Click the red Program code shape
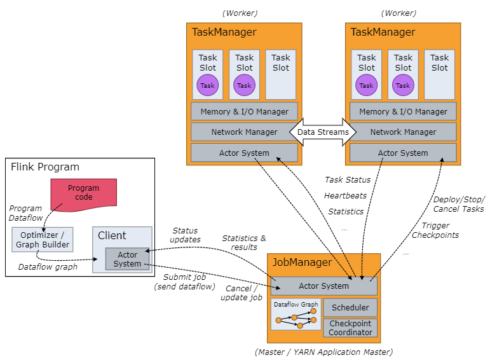(x=83, y=192)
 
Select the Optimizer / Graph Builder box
(x=43, y=239)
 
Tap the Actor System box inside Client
(x=127, y=259)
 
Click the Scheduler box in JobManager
(x=350, y=308)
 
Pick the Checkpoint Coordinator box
(x=350, y=328)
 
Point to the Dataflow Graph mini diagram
(x=296, y=314)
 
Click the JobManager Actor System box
(x=324, y=286)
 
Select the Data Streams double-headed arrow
(x=323, y=132)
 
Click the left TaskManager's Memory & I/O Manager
(x=244, y=111)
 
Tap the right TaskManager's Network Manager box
(x=403, y=132)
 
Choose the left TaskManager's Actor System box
(x=244, y=153)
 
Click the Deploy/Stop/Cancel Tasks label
(x=458, y=204)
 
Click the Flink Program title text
(x=45, y=167)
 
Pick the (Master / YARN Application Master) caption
(x=323, y=352)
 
